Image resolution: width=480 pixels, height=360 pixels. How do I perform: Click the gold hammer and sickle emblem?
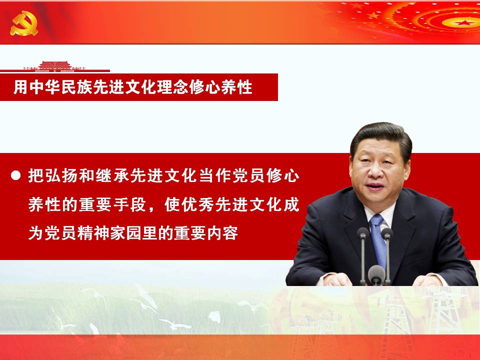24,23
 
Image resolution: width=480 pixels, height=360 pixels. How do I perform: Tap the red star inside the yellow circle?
464,22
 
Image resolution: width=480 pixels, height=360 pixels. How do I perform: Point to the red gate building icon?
55,66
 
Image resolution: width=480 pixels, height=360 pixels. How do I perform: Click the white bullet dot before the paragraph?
15,175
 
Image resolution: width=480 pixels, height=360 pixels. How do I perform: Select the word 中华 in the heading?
45,87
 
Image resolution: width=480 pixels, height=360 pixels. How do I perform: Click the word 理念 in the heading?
172,87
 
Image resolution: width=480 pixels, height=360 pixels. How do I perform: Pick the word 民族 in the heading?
77,87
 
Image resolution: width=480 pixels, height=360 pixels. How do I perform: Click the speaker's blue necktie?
378,240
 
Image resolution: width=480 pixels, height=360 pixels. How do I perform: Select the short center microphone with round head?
376,275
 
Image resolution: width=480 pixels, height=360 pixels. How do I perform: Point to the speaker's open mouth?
374,186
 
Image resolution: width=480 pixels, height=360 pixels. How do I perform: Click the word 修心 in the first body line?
283,175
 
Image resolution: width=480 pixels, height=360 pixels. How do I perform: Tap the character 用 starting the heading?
21,87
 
